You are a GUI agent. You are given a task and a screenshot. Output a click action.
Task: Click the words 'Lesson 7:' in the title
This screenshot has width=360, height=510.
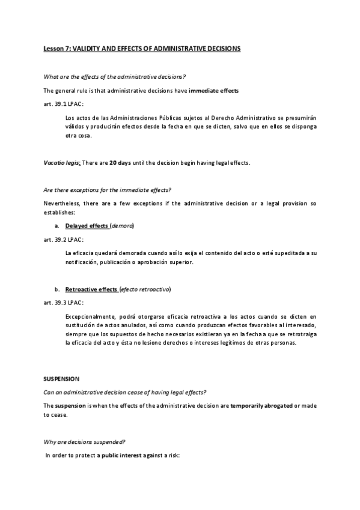[x=57, y=49]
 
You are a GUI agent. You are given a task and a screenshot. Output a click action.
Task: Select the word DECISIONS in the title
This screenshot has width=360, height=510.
[x=219, y=49]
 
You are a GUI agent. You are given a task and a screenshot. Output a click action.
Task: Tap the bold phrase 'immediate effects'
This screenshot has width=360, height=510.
[x=214, y=91]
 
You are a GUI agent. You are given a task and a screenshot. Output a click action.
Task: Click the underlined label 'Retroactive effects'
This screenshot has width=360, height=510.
[x=91, y=289]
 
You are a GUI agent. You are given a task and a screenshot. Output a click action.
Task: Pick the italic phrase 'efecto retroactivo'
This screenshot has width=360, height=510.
[x=145, y=289]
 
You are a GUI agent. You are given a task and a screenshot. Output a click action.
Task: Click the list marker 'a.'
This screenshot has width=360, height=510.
[x=56, y=226]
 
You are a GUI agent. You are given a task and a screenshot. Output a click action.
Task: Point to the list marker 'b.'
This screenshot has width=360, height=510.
[x=56, y=289]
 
